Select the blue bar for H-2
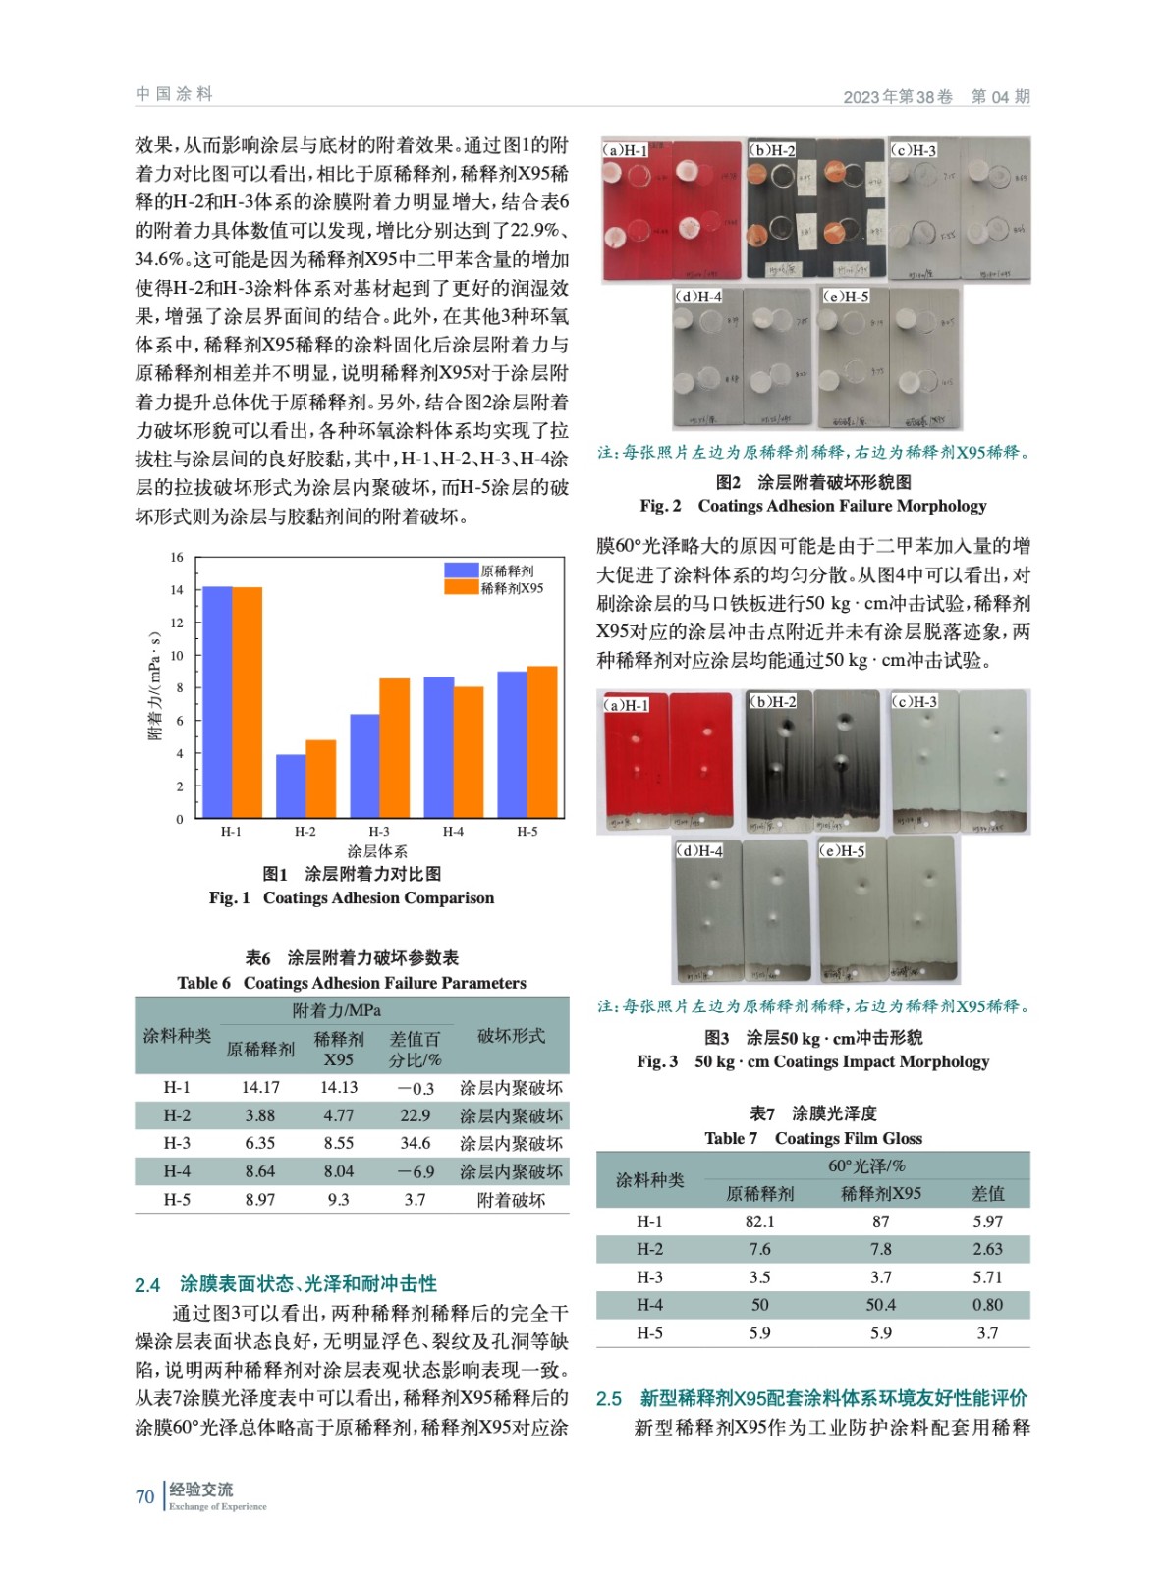point(290,785)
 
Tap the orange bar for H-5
point(542,742)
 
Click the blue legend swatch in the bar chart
point(461,570)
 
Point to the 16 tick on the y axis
point(177,557)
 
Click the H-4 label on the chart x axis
point(453,832)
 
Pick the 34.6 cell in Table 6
point(415,1143)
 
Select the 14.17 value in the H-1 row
point(260,1088)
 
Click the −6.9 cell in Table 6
point(415,1171)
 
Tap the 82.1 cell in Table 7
point(759,1221)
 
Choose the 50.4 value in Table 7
point(880,1305)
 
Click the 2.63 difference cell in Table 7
point(987,1249)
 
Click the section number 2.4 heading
point(147,1285)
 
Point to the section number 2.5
point(609,1398)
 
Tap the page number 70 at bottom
point(144,1496)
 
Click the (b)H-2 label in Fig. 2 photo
point(772,150)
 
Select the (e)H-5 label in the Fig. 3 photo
point(843,850)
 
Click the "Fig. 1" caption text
point(229,897)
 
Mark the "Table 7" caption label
point(730,1138)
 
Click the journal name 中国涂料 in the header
point(174,94)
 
